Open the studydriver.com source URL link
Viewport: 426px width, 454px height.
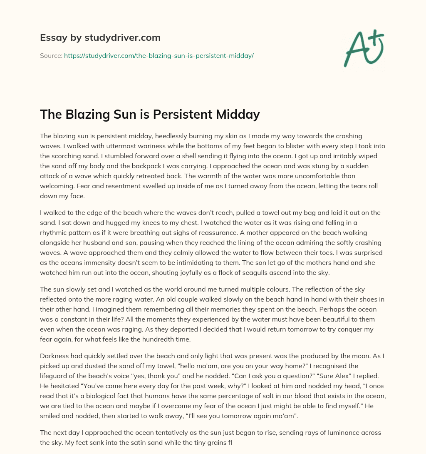(x=159, y=55)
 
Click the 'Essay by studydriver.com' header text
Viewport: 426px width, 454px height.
(x=100, y=37)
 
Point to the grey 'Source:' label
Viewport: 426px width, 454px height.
(x=51, y=55)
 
